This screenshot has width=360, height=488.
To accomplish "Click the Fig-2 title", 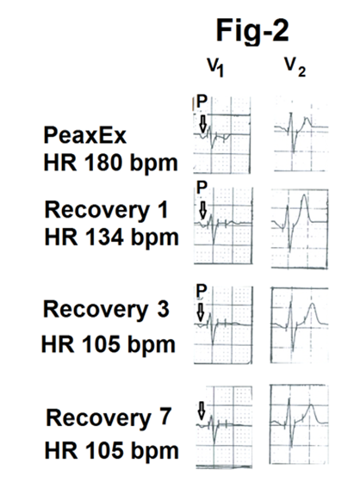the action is click(x=252, y=30).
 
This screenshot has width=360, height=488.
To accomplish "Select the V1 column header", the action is click(x=215, y=67).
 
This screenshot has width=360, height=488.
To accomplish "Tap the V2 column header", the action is click(x=295, y=67).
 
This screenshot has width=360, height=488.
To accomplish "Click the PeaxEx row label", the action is click(x=85, y=135).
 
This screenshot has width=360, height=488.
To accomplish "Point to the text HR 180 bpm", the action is click(x=110, y=163).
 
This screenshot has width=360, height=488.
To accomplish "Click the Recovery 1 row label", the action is click(x=107, y=210).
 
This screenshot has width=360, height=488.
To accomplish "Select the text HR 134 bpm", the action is click(x=111, y=238).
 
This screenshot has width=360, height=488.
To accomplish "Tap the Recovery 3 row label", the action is click(x=106, y=309).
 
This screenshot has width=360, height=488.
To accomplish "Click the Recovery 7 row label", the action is click(x=109, y=417).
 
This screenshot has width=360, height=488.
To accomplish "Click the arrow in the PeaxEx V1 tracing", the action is click(x=202, y=123).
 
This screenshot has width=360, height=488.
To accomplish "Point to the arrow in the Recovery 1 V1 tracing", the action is click(x=202, y=209).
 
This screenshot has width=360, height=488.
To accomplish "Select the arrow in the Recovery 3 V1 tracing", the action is click(x=201, y=312).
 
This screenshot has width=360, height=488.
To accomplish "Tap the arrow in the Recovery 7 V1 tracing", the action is click(x=202, y=411).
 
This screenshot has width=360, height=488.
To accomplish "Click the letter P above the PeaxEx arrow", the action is click(x=202, y=102).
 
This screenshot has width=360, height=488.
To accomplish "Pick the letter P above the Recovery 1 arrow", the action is click(x=202, y=188).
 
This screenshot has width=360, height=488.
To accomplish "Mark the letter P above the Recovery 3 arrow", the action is click(x=202, y=291).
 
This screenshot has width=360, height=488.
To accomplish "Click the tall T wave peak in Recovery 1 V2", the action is click(x=304, y=195).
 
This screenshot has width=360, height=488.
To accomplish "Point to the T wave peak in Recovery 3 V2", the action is click(x=313, y=304).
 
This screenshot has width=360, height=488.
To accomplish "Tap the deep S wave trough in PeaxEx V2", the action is click(x=294, y=151).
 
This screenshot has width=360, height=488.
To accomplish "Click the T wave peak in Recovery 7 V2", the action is click(x=311, y=405).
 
